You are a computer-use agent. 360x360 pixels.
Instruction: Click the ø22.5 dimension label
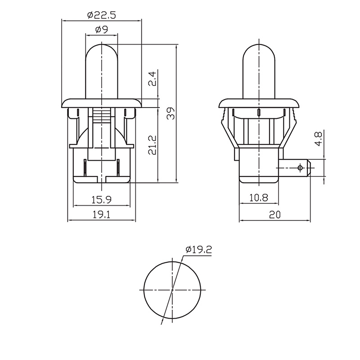tap(102, 15)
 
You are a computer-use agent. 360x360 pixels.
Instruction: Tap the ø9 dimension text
tap(102, 29)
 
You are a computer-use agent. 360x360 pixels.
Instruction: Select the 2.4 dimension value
tap(152, 79)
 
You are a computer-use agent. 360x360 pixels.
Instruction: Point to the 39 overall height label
tap(171, 113)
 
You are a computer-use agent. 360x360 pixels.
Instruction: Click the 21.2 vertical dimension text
tap(152, 145)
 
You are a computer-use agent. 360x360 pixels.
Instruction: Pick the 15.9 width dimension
tap(102, 200)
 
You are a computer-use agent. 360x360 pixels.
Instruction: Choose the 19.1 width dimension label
tap(102, 215)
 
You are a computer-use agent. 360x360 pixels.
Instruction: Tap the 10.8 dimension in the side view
tap(259, 198)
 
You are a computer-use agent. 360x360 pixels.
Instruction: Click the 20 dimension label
tap(275, 215)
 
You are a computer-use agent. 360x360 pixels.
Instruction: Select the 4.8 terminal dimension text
tap(319, 138)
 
